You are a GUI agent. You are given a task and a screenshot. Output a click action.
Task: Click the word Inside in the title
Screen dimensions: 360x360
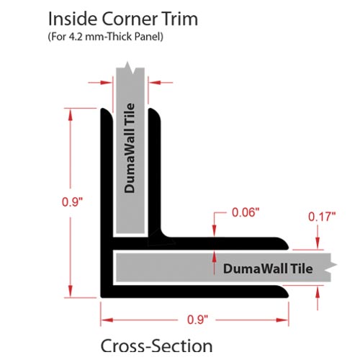73,19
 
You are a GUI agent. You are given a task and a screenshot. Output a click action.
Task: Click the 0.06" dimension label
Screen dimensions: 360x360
246,212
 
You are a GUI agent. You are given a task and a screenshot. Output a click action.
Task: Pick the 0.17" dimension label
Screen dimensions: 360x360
322,217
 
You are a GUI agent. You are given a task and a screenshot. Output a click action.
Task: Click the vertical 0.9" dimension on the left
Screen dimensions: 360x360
72,202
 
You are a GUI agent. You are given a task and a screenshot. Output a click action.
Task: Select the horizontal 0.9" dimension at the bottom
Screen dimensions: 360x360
197,320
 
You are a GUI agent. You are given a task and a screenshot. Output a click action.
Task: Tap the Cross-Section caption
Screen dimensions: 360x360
156,346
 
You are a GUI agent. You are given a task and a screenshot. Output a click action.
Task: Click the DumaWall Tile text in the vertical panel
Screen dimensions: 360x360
130,148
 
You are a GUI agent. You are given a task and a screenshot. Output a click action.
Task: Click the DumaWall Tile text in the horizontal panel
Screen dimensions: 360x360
268,269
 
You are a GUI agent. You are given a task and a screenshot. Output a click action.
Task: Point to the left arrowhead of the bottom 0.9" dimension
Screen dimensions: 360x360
107,320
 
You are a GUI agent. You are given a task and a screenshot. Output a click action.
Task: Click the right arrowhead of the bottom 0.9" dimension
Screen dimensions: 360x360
282,320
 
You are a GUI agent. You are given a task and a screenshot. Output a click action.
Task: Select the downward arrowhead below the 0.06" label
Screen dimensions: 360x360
215,230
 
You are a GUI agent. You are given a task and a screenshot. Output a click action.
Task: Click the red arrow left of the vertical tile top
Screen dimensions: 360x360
100,83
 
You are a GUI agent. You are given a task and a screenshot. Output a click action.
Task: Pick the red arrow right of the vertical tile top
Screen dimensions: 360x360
161,83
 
